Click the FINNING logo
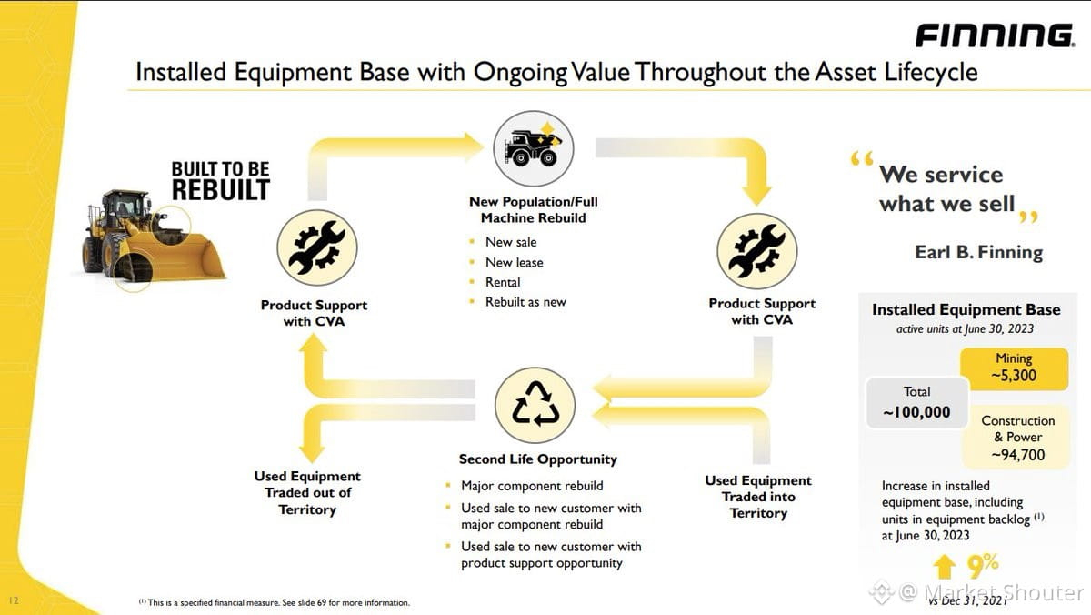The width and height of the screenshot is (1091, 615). point(996,35)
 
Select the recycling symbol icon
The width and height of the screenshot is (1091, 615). point(535,405)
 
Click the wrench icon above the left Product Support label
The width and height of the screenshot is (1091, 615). point(316,247)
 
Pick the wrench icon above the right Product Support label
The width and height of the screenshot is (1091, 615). point(756,250)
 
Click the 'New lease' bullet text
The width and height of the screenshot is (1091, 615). point(514,263)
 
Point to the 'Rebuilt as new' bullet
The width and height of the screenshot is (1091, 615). point(525,302)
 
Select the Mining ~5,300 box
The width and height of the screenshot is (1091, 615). point(1014,368)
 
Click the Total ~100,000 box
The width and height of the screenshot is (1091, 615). point(916,403)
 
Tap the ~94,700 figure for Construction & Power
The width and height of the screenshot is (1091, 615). point(1018,455)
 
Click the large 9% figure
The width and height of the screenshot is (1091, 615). point(983,566)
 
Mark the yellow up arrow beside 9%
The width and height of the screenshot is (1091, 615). point(945,567)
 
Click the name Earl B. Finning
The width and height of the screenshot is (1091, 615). point(978,252)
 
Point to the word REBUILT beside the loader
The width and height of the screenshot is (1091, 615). point(221,190)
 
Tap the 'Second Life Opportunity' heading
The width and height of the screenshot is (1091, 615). point(537,459)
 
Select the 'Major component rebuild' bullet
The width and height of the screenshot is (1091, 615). point(532,486)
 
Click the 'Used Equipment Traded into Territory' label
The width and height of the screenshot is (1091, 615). point(758,497)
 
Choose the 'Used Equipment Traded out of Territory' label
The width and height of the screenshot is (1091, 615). point(307,493)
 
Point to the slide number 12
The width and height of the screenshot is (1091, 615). point(14,600)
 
